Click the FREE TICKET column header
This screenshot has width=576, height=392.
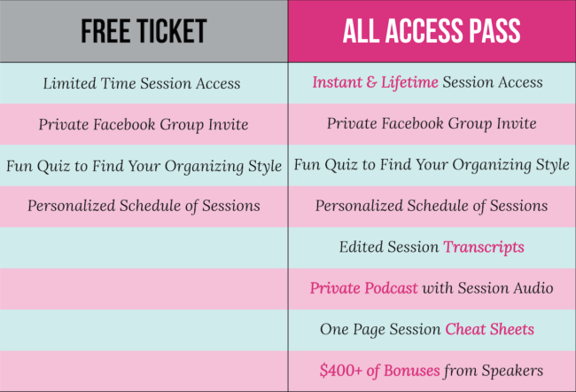144,31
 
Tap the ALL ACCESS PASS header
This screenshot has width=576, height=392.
432,31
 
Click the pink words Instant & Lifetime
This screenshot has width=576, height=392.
375,82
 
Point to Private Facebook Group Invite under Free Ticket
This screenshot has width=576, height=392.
144,124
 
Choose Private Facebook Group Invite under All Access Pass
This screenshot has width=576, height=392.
432,123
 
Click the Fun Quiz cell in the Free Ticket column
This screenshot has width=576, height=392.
144,166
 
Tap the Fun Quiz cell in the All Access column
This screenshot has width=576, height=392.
432,165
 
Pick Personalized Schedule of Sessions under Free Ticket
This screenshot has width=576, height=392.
144,206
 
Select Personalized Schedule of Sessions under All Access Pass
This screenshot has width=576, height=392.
432,206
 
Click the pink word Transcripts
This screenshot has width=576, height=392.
484,247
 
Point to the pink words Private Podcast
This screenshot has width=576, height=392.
363,288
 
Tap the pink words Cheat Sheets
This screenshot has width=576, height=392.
490,329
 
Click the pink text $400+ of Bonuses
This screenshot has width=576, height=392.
379,371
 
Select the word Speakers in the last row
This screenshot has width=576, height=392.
512,371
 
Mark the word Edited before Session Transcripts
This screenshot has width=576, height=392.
362,247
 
